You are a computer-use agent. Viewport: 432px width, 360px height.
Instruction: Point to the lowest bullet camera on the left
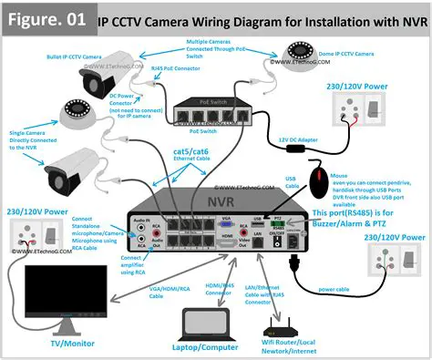(x=59, y=170)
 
